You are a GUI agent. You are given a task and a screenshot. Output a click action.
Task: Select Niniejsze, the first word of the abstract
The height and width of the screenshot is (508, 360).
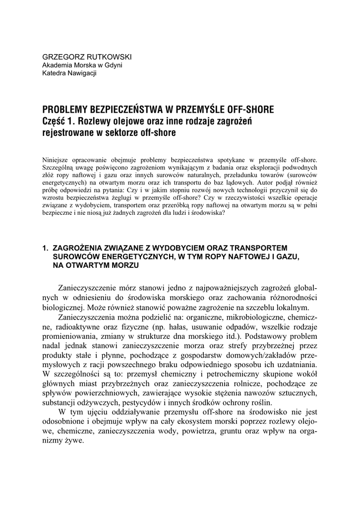point(58,160)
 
